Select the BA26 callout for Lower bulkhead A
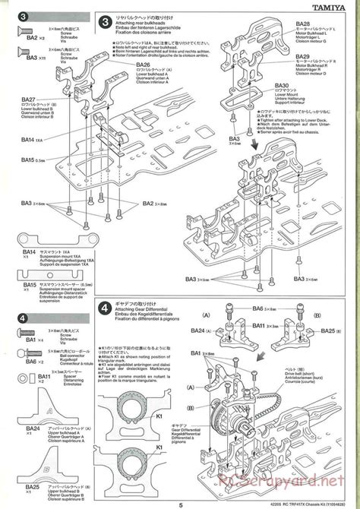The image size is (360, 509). point(144,65)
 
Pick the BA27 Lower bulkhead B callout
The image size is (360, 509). point(30,100)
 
